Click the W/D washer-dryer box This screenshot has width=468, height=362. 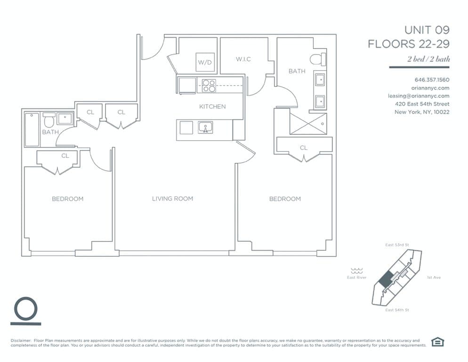pos(205,62)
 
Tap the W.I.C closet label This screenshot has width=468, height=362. pos(243,59)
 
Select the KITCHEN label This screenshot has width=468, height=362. pos(212,107)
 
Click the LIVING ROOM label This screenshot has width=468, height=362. pos(172,198)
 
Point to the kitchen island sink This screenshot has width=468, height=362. pos(205,127)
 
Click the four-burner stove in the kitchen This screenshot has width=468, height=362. pos(209,85)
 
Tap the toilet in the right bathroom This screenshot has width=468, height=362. pos(318,59)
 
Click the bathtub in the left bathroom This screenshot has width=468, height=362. pos(32,130)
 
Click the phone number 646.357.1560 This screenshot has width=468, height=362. pos(432,80)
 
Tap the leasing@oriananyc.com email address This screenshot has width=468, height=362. pos(419,96)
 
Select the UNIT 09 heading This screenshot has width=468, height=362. pos(427,30)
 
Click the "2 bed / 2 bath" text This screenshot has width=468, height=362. pos(428,58)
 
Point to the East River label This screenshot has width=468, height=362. pos(357,278)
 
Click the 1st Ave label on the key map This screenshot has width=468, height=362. pos(434,278)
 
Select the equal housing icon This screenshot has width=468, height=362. pos(437,342)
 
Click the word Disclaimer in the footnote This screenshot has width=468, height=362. pos(21,340)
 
